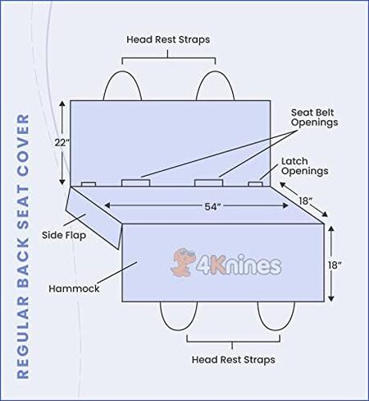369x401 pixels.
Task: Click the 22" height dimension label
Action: click(x=62, y=143)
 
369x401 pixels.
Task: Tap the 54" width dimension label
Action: click(x=212, y=207)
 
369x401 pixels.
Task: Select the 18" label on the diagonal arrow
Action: click(x=305, y=200)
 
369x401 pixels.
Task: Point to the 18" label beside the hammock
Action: click(x=335, y=265)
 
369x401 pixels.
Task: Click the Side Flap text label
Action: click(x=64, y=235)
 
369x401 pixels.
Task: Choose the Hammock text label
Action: click(x=74, y=288)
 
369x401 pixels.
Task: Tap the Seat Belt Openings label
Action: click(x=314, y=118)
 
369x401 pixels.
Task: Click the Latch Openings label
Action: click(x=305, y=166)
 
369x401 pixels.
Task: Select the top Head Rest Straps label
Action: click(x=168, y=39)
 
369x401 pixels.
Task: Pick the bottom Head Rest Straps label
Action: click(x=234, y=359)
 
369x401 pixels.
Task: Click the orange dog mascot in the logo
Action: click(x=183, y=261)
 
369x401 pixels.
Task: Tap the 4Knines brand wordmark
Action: click(x=239, y=264)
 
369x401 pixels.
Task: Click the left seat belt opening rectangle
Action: click(x=136, y=183)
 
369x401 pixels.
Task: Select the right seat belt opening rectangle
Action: click(x=208, y=183)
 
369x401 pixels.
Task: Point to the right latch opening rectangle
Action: click(x=255, y=184)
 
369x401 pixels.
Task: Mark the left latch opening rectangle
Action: click(x=89, y=184)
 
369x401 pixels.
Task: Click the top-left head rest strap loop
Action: click(x=122, y=71)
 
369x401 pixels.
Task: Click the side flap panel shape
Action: click(x=93, y=216)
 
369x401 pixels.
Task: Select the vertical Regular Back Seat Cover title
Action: click(x=23, y=247)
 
